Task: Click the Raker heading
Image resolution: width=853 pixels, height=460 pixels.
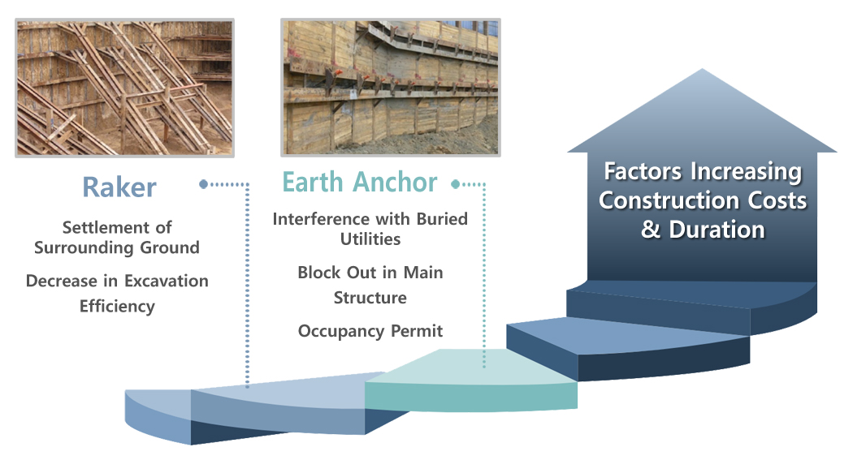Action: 119,187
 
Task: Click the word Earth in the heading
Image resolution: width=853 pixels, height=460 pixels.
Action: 313,182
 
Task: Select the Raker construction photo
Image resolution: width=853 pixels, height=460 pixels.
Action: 124,88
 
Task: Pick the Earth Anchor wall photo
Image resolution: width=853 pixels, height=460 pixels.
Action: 391,88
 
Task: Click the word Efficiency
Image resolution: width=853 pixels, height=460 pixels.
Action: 117,307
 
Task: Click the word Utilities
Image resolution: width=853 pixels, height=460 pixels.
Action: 370,239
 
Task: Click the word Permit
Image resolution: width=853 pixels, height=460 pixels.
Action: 418,331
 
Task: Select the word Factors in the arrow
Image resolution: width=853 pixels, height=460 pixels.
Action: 643,172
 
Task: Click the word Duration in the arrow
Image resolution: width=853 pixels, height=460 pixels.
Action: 717,229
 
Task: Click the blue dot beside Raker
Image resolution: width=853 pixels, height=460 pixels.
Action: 203,184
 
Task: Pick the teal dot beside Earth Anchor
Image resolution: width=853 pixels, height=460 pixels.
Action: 455,184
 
